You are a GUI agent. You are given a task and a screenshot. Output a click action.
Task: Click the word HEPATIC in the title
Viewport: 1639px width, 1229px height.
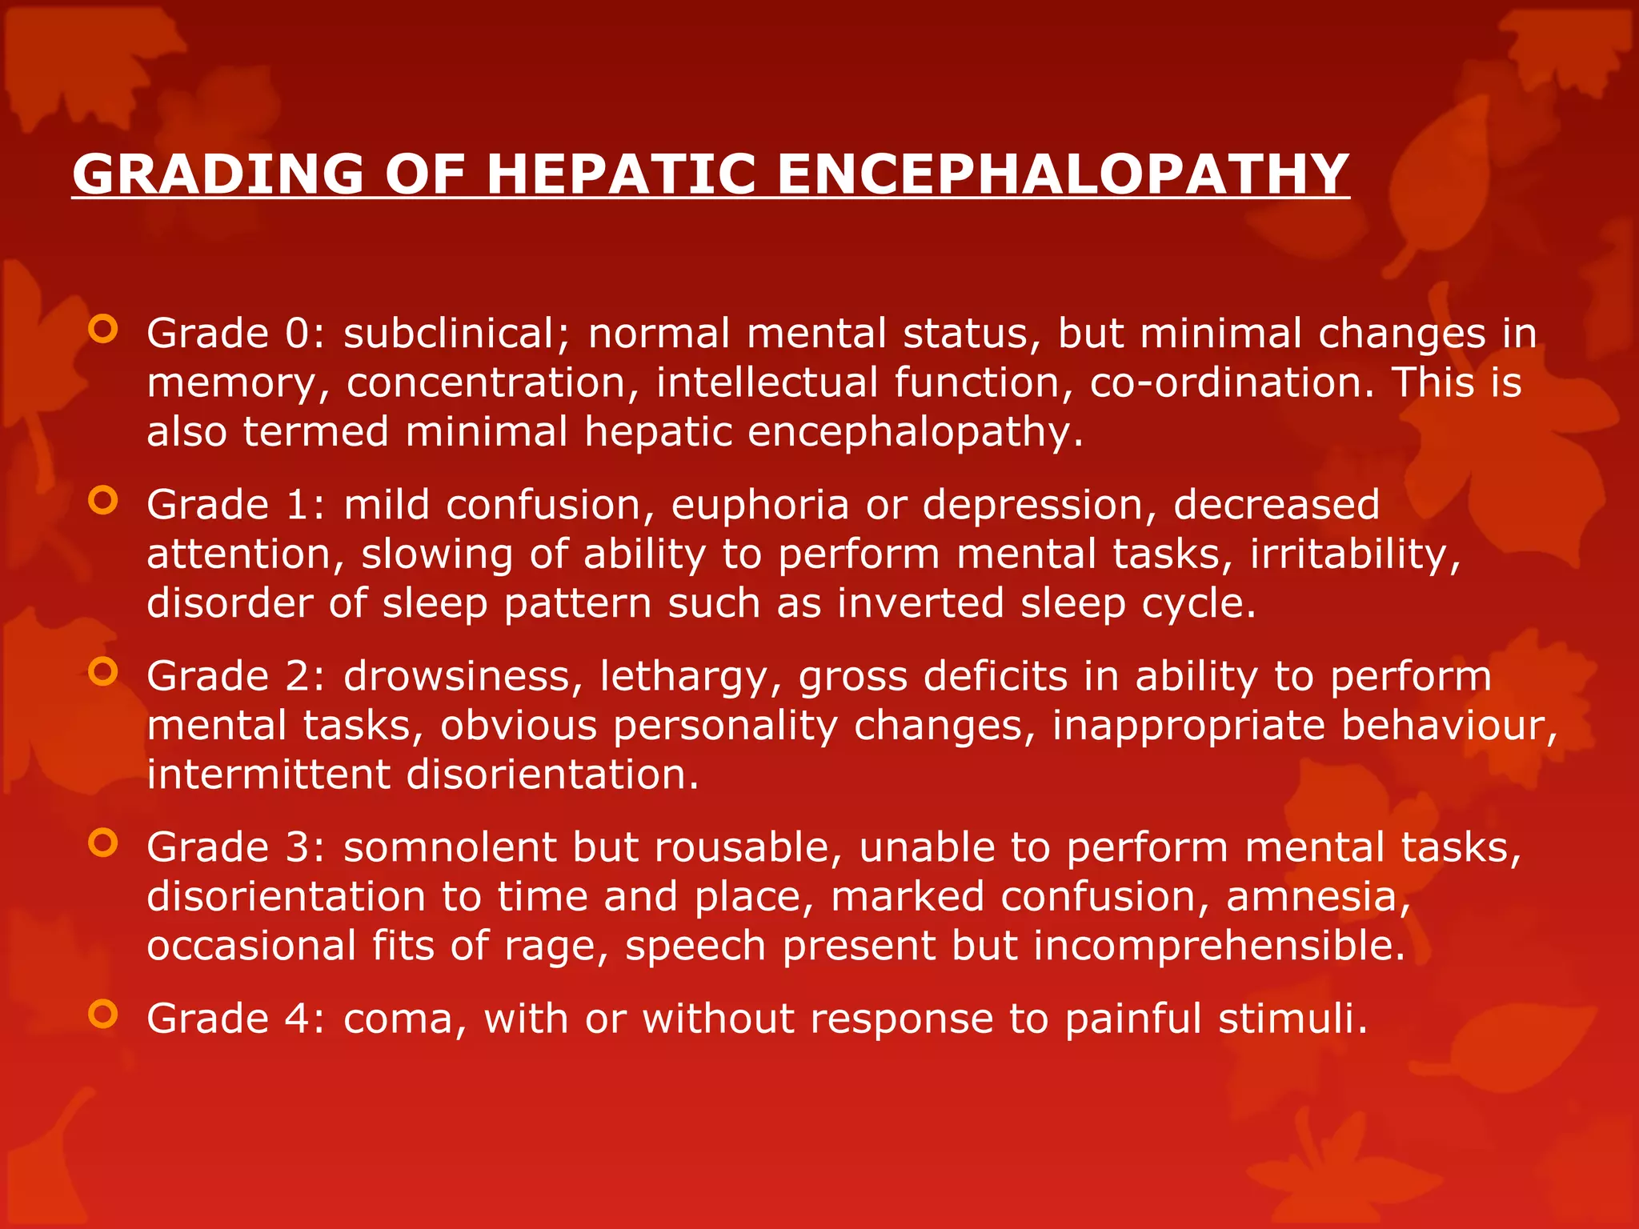(x=621, y=174)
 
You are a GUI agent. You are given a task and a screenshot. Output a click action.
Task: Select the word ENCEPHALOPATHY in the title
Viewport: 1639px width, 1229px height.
(x=1063, y=174)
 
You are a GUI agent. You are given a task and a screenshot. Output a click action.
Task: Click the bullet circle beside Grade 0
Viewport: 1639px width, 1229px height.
(x=103, y=329)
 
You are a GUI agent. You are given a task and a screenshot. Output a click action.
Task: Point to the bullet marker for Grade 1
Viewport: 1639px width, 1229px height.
(x=103, y=501)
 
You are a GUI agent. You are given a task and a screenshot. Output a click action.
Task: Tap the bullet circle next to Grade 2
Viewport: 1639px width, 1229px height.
(x=103, y=672)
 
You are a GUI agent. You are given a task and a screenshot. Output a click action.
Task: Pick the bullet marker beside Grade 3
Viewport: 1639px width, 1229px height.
(x=103, y=843)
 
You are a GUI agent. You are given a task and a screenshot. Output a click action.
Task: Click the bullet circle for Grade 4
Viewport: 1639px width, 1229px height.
(x=103, y=1015)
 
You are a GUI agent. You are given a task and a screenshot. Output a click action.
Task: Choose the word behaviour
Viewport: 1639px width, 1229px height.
(x=1449, y=726)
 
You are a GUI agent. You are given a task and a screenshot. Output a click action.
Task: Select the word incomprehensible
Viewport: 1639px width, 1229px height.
(x=1219, y=946)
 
